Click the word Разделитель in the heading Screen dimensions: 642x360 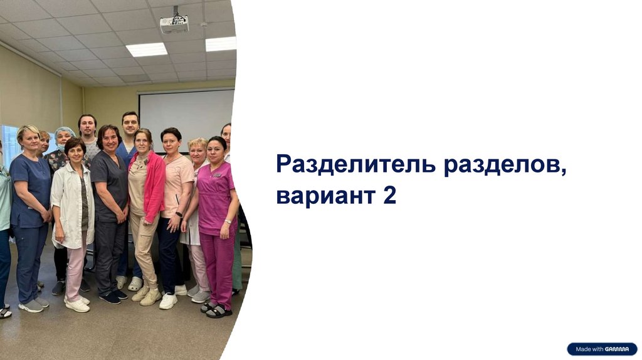(x=356, y=165)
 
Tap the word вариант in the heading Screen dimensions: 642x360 (x=326, y=196)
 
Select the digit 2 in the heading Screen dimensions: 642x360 (x=390, y=195)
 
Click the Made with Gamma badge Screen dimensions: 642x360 (x=602, y=349)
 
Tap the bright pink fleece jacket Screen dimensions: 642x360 (x=149, y=184)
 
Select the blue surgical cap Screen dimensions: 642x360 (x=65, y=132)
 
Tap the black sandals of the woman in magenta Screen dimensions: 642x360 (x=216, y=310)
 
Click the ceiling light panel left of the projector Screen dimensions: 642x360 (x=147, y=50)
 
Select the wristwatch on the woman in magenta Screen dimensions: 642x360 (x=228, y=221)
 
